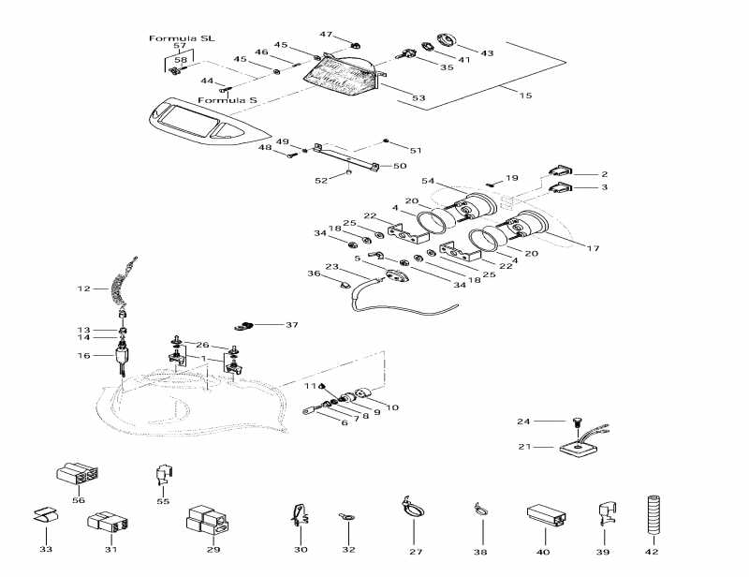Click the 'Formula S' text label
click(x=227, y=99)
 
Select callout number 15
click(x=525, y=96)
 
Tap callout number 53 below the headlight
click(x=419, y=97)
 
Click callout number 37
click(x=291, y=325)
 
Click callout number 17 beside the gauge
click(x=592, y=248)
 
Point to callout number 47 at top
click(x=326, y=34)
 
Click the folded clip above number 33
click(x=45, y=517)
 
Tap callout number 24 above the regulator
click(x=524, y=421)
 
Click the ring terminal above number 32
click(x=346, y=518)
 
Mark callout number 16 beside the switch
click(x=83, y=356)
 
